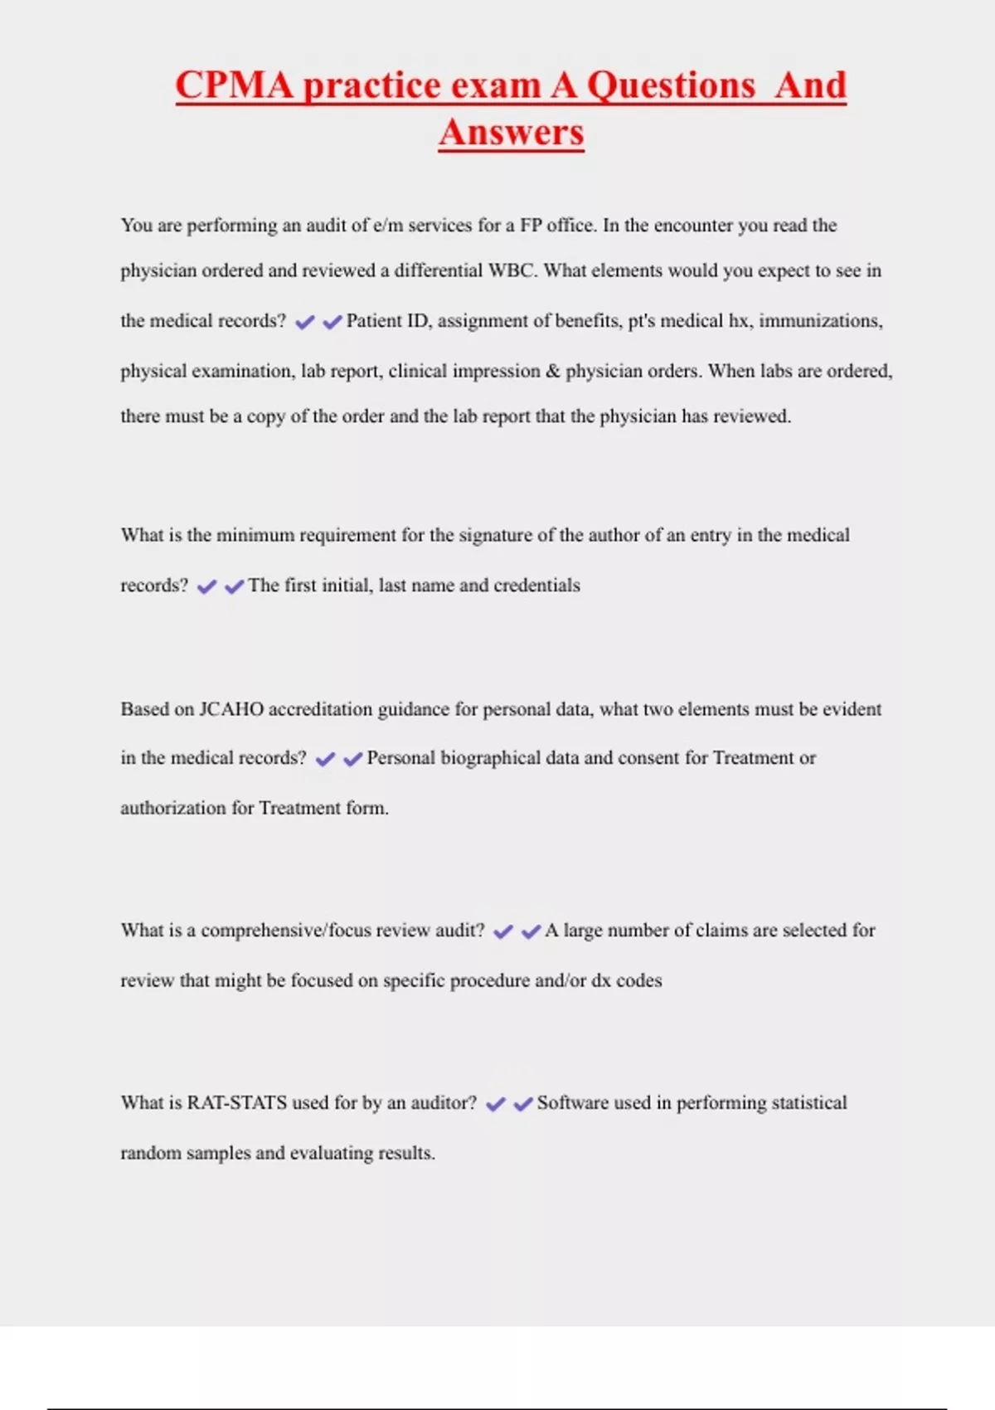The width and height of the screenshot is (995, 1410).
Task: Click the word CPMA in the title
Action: [x=234, y=85]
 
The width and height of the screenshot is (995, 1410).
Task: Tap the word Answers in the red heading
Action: [x=512, y=133]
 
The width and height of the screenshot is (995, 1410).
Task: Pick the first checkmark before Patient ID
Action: [x=305, y=322]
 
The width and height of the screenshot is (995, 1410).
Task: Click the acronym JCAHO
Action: [x=231, y=709]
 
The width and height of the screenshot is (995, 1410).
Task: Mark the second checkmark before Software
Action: [x=522, y=1104]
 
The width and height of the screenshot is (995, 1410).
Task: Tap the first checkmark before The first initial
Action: [x=206, y=586]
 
